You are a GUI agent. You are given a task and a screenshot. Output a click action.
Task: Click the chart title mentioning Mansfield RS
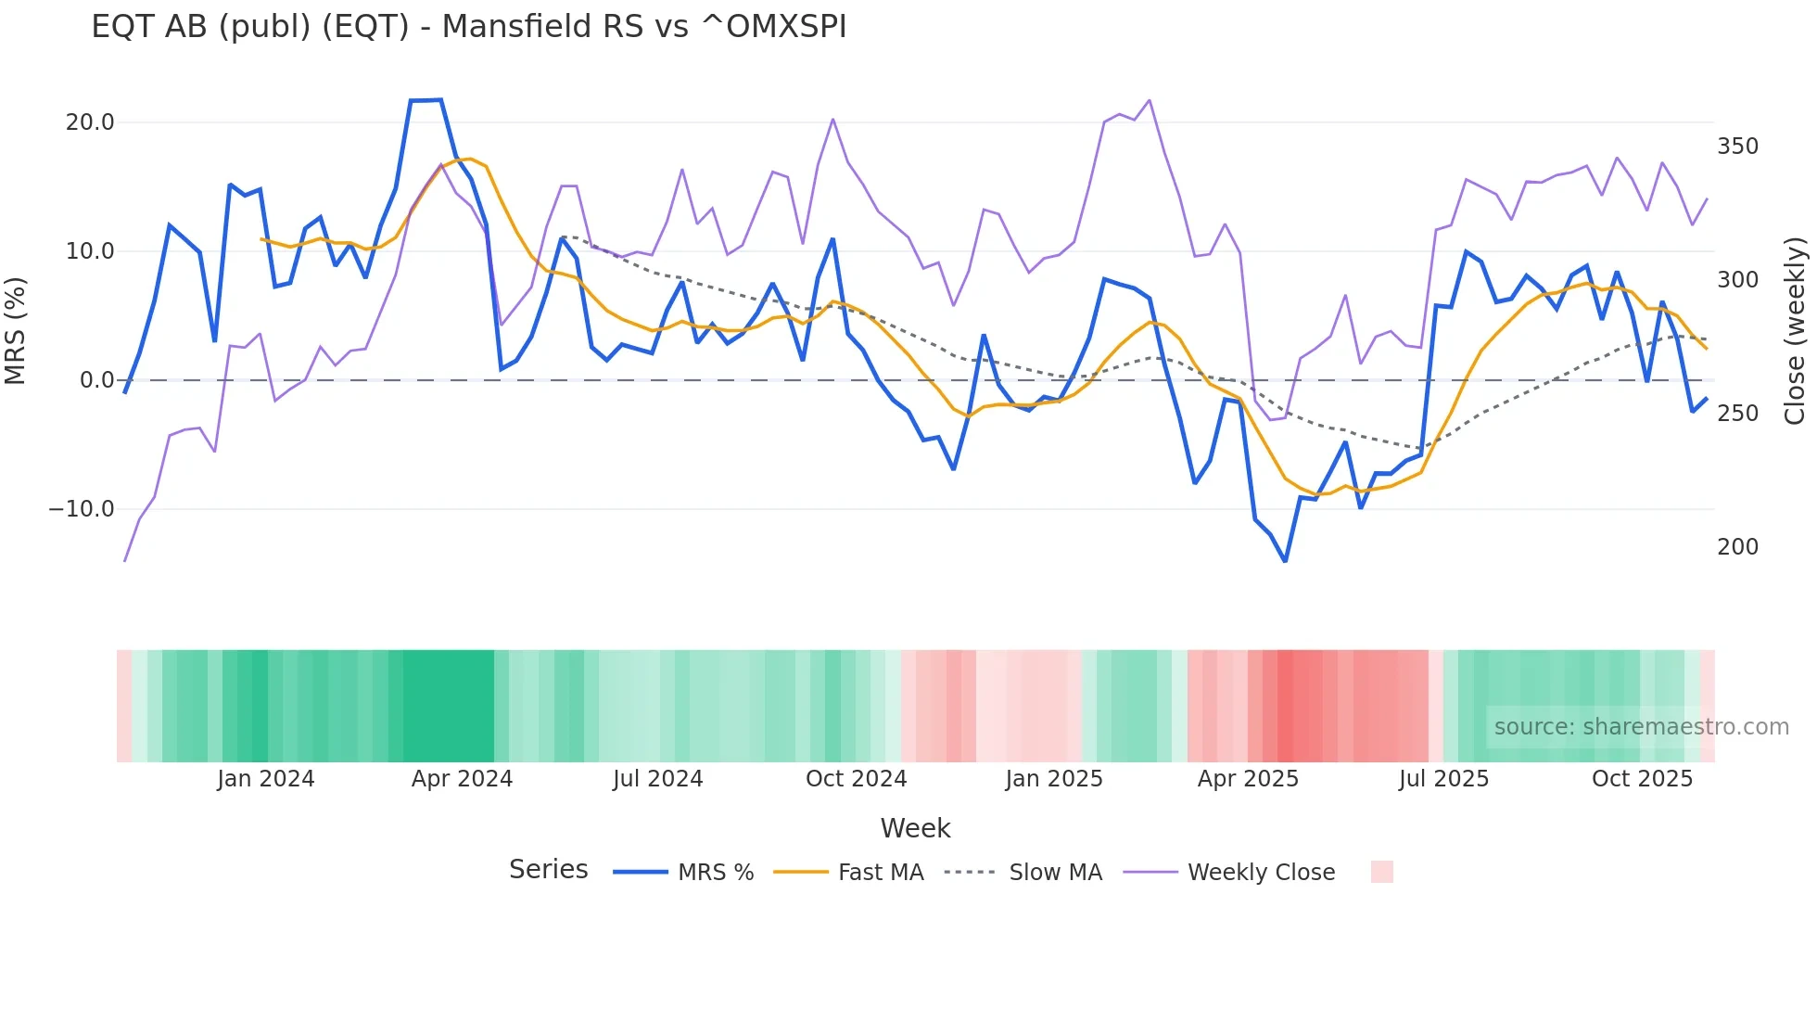point(468,27)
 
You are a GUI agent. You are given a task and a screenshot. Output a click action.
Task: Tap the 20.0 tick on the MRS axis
point(90,122)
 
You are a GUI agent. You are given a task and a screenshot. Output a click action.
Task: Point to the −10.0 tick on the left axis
point(82,509)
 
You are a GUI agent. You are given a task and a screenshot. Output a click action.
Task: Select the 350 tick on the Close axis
point(1737,147)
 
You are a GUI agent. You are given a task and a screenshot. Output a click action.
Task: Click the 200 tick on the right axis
point(1737,547)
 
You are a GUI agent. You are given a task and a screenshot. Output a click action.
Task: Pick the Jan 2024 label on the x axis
point(266,779)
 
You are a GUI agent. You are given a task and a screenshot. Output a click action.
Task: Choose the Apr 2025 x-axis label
point(1248,779)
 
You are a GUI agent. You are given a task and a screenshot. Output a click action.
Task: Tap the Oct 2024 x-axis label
point(856,779)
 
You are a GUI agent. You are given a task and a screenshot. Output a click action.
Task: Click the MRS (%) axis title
point(16,330)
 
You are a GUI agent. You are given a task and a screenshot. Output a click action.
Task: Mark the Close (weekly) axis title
point(1795,330)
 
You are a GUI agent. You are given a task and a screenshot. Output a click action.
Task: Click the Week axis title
point(915,828)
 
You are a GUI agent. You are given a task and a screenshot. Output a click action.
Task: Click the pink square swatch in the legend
point(1381,872)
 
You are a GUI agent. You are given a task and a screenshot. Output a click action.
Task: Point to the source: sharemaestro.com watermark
point(1641,727)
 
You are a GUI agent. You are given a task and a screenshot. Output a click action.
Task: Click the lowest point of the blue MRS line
point(1285,561)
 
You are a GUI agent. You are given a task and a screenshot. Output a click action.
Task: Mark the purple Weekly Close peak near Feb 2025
point(1150,100)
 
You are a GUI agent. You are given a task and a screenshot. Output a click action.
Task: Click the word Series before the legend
point(548,870)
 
